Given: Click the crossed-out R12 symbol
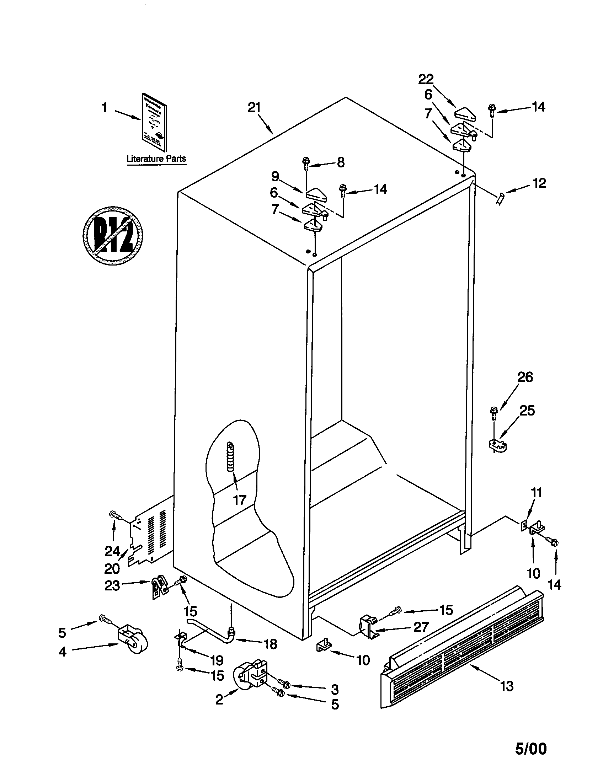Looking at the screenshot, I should [112, 235].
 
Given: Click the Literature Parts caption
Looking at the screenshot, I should [156, 159].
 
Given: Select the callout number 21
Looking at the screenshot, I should [254, 107].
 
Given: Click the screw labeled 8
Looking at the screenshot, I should [306, 164].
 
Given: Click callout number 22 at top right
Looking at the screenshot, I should [426, 79].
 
